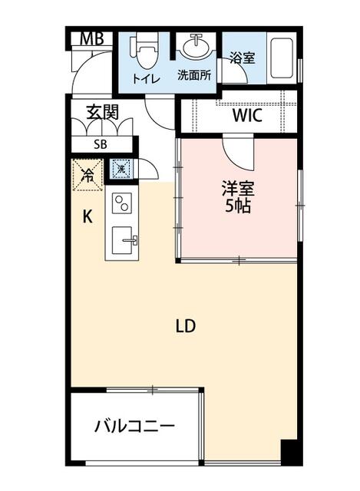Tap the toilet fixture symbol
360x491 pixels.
pyautogui.click(x=144, y=48)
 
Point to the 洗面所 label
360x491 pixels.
pyautogui.click(x=195, y=75)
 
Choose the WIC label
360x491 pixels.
pyautogui.click(x=247, y=117)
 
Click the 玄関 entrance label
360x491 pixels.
pyautogui.click(x=101, y=111)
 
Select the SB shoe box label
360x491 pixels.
pyautogui.click(x=101, y=144)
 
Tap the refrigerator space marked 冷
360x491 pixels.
pyautogui.click(x=87, y=174)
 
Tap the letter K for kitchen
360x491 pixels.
pyautogui.click(x=88, y=216)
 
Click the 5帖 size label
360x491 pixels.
pyautogui.click(x=238, y=207)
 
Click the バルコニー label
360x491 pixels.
pyautogui.click(x=134, y=426)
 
